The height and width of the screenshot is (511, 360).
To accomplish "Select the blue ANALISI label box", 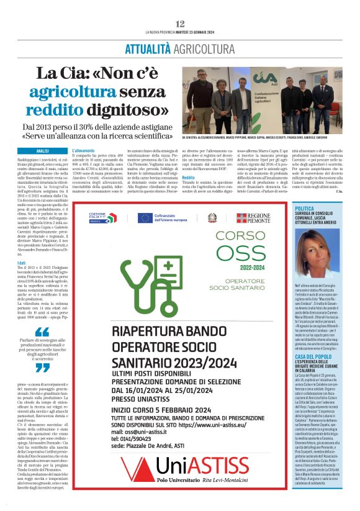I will tap(42, 151).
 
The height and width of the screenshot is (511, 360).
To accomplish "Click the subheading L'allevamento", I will tap(84, 151).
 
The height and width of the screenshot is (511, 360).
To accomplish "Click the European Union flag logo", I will tap(146, 217).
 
